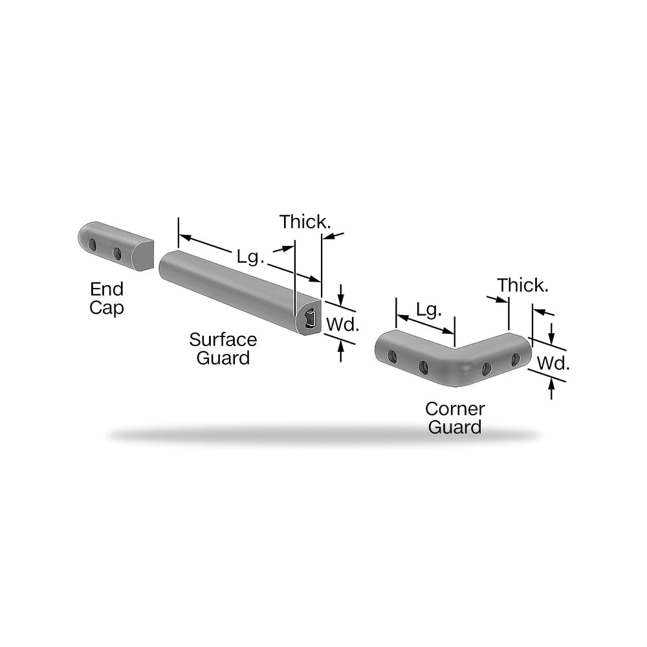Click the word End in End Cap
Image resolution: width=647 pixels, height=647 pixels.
pyautogui.click(x=107, y=289)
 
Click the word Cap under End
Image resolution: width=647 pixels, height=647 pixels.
pyautogui.click(x=107, y=308)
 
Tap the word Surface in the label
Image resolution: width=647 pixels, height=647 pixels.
pyautogui.click(x=223, y=340)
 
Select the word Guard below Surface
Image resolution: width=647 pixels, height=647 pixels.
pyautogui.click(x=223, y=358)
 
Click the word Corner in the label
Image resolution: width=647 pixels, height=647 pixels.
pyautogui.click(x=455, y=409)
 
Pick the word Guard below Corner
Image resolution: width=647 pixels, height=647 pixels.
pyautogui.click(x=455, y=427)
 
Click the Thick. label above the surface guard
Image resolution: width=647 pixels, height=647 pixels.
pyautogui.click(x=305, y=222)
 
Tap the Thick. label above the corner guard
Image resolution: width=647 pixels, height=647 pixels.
pyautogui.click(x=523, y=285)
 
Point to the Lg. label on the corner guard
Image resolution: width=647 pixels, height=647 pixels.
pyautogui.click(x=429, y=311)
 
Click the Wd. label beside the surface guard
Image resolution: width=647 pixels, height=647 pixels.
pyautogui.click(x=342, y=325)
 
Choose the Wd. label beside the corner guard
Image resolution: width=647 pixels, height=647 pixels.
pyautogui.click(x=553, y=364)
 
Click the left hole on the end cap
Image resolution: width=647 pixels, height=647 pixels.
pyautogui.click(x=93, y=245)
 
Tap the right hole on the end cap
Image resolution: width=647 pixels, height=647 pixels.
pyautogui.click(x=117, y=254)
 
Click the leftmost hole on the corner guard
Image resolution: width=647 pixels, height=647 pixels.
pyautogui.click(x=393, y=357)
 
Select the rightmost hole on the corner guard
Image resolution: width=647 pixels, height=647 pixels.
pyautogui.click(x=516, y=359)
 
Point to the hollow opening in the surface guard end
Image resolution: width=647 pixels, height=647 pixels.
pyautogui.click(x=311, y=320)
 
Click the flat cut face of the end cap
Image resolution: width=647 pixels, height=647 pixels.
pyautogui.click(x=143, y=256)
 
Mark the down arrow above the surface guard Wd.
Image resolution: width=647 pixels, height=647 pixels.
pyautogui.click(x=341, y=294)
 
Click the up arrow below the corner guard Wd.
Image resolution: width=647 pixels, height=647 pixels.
pyautogui.click(x=552, y=389)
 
